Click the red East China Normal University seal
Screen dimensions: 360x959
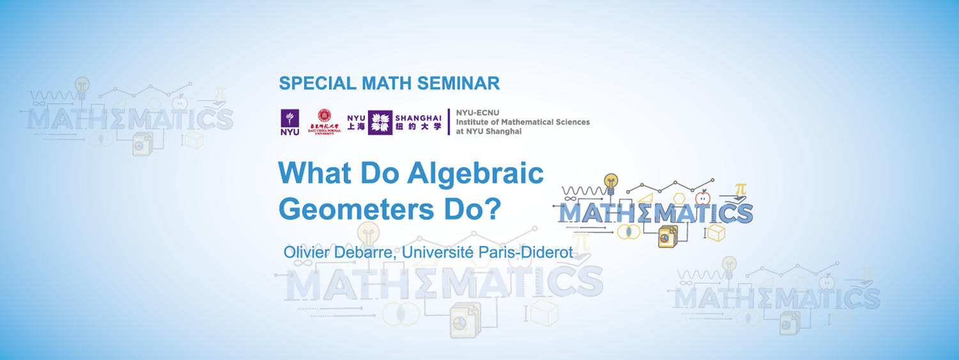coord(325,116)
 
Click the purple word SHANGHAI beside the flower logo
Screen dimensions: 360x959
coord(418,118)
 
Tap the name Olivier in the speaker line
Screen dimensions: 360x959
coord(304,252)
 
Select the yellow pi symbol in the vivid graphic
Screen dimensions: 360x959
coord(740,190)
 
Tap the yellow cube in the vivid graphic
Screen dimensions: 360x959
coord(716,233)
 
